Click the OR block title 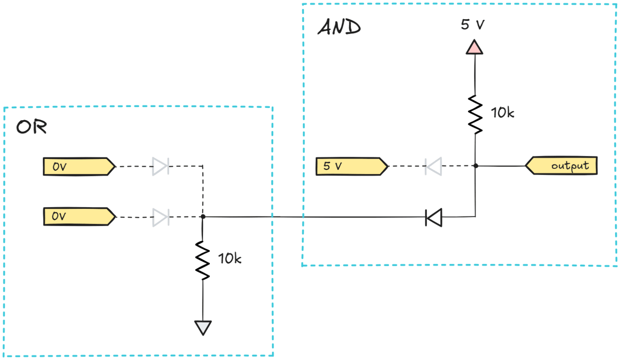click(x=32, y=127)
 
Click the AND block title click(x=339, y=28)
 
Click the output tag click(x=562, y=166)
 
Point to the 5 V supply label click(x=472, y=25)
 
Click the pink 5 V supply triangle click(x=474, y=47)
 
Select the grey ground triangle click(x=203, y=327)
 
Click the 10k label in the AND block click(x=502, y=113)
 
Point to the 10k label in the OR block click(x=230, y=259)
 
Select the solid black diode click(x=434, y=218)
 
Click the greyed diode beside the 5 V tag click(x=433, y=166)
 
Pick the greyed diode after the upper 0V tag click(x=161, y=166)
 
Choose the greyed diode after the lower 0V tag click(x=161, y=217)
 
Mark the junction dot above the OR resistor click(x=203, y=217)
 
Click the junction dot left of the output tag click(x=476, y=166)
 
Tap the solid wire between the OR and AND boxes click(x=287, y=217)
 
